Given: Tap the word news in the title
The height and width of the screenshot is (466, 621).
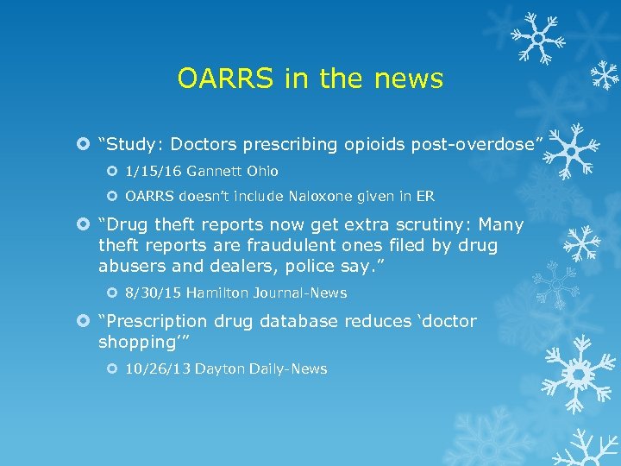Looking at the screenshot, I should tap(409, 79).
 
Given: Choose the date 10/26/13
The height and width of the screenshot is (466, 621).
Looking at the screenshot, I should tap(157, 368).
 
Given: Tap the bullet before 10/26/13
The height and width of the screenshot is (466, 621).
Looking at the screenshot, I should tap(114, 368).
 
